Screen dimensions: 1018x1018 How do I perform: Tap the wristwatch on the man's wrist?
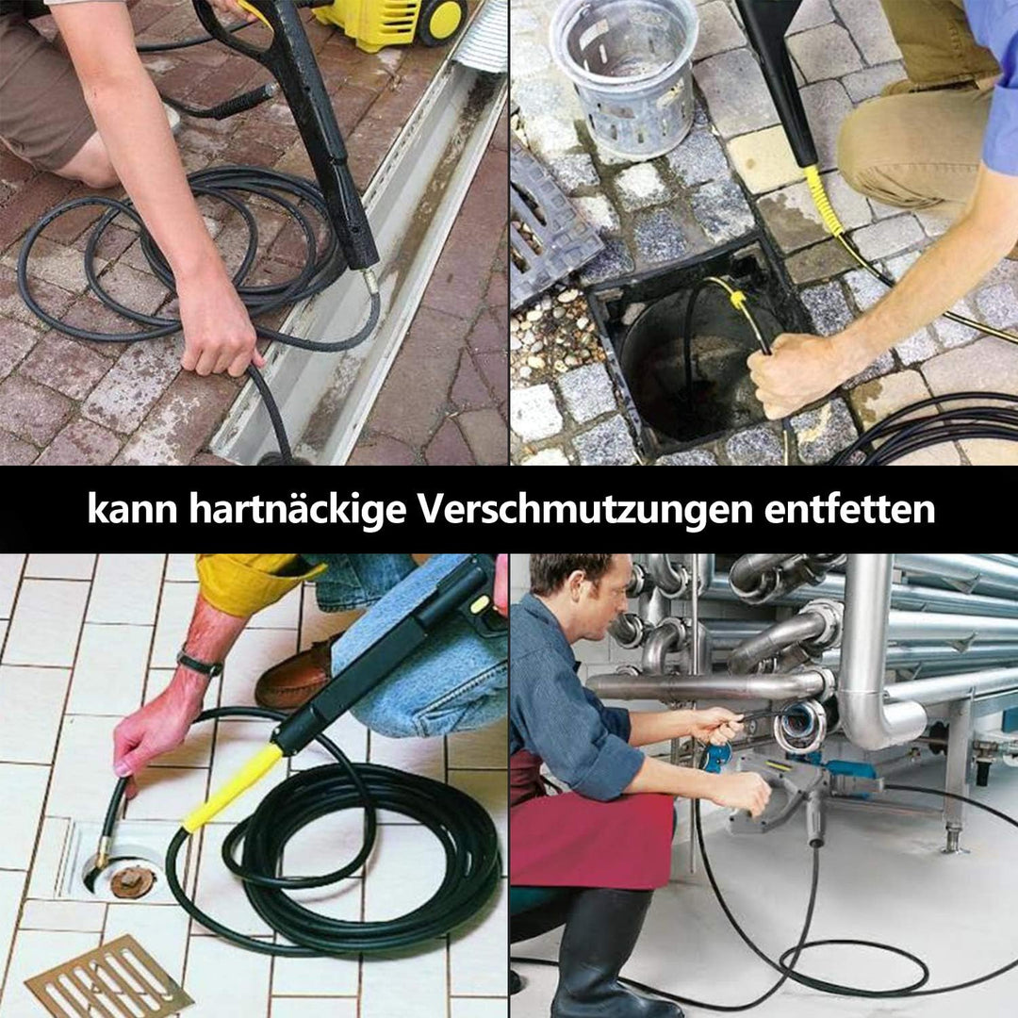tap(199, 664)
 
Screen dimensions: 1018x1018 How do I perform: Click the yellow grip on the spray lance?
tap(231, 787)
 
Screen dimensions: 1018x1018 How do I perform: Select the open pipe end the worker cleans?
tap(801, 726)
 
